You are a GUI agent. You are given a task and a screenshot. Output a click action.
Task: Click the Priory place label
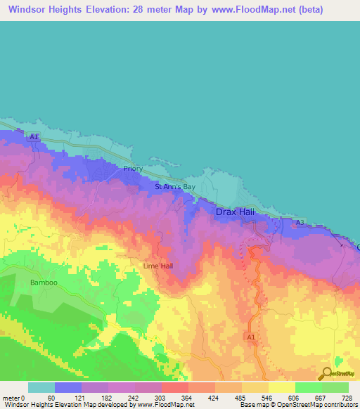pyautogui.click(x=133, y=169)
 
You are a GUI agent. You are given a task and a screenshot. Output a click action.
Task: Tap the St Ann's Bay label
pyautogui.click(x=175, y=188)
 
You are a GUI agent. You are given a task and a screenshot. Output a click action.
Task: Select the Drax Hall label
pyautogui.click(x=236, y=212)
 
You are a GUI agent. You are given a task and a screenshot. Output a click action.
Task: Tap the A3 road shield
pyautogui.click(x=300, y=223)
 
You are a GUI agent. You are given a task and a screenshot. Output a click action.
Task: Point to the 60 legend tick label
pyautogui.click(x=51, y=398)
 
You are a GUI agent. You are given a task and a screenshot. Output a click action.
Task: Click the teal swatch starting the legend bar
pyautogui.click(x=41, y=387)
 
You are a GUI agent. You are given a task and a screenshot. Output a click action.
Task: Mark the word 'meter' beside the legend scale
pyautogui.click(x=12, y=398)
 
